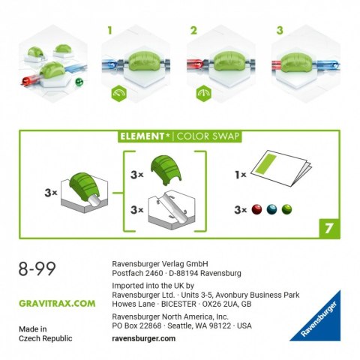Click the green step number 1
109,31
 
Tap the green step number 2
193,31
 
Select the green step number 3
280,31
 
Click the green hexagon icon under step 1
119,93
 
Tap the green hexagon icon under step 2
204,93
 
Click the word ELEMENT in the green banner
142,136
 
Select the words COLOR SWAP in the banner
208,136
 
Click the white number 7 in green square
329,228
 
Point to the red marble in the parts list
256,209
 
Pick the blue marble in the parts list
271,209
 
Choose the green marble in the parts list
286,209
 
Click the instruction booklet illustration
281,168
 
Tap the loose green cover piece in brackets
166,170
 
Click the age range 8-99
37,269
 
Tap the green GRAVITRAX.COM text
57,304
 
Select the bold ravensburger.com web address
144,338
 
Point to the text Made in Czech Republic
46,334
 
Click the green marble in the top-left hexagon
79,82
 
